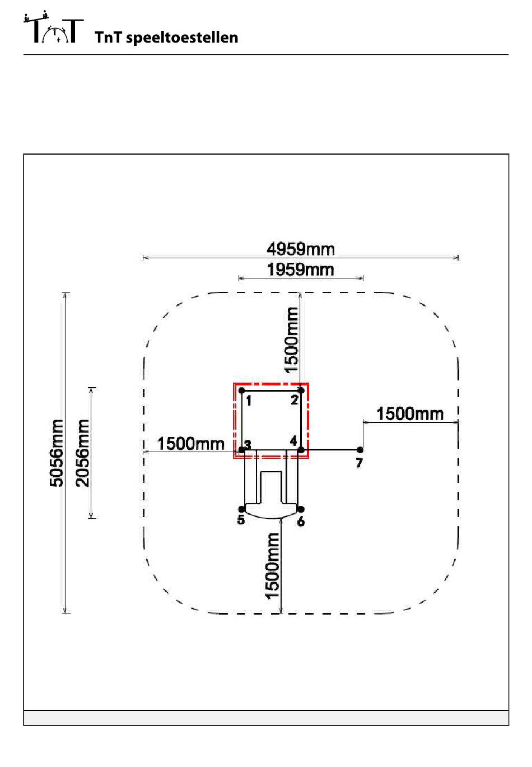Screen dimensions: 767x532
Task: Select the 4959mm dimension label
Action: click(301, 248)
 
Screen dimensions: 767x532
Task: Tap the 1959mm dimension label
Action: click(301, 269)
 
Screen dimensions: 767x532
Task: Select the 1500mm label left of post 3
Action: click(190, 444)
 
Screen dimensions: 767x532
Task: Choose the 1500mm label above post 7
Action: click(410, 414)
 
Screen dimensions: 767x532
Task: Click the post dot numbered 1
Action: click(241, 391)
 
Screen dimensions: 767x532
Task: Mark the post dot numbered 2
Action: click(301, 391)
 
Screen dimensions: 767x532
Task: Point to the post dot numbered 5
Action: click(241, 509)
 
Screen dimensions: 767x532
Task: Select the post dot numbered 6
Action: click(301, 509)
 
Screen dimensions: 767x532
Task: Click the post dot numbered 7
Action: click(360, 450)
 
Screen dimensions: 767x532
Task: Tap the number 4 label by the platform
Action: click(293, 441)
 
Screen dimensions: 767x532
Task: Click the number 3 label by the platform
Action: click(248, 444)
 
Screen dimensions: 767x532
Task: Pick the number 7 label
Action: click(359, 463)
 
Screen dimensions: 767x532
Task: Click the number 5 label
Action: click(241, 520)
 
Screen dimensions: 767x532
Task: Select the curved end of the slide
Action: click(271, 512)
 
